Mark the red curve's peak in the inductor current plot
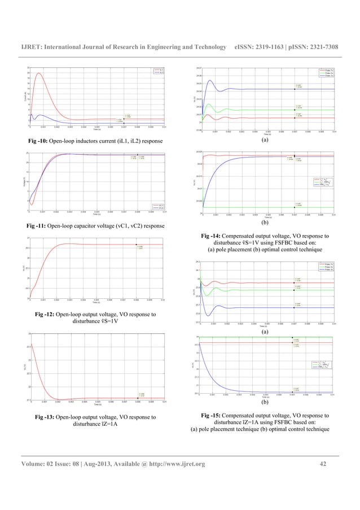38,73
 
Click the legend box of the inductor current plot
157,71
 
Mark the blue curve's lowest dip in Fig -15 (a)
209,315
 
